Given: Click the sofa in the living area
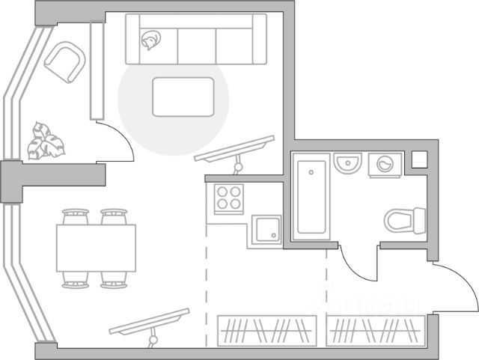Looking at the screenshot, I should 197,38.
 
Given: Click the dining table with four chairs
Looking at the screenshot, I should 96,248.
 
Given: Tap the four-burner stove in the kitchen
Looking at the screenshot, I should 228,198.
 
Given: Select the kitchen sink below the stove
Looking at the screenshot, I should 266,228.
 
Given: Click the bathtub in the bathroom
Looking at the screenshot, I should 310,197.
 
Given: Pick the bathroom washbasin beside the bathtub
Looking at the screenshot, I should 347,162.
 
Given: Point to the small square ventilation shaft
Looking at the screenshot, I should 419,159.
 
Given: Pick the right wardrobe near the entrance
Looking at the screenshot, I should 375,330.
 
